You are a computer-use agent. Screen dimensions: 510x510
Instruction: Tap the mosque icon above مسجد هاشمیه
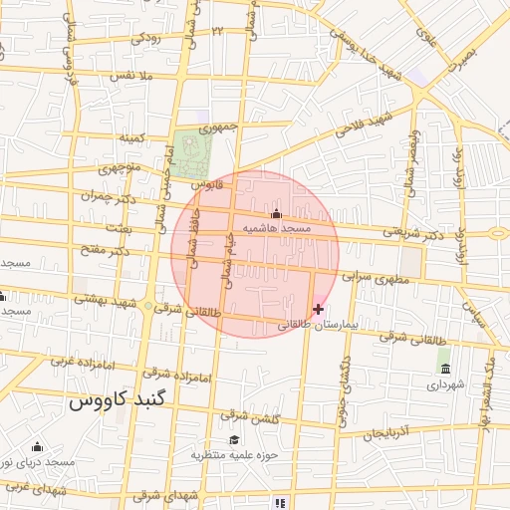click(x=276, y=213)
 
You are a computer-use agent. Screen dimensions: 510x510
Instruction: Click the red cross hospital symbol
click(x=318, y=310)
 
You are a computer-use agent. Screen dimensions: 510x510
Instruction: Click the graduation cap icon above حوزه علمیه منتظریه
click(x=234, y=439)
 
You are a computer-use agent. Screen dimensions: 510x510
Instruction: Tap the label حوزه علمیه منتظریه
click(x=234, y=454)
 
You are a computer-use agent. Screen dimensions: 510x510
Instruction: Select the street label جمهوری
click(x=218, y=127)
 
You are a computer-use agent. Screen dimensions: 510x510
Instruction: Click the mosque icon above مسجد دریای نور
click(x=37, y=446)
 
